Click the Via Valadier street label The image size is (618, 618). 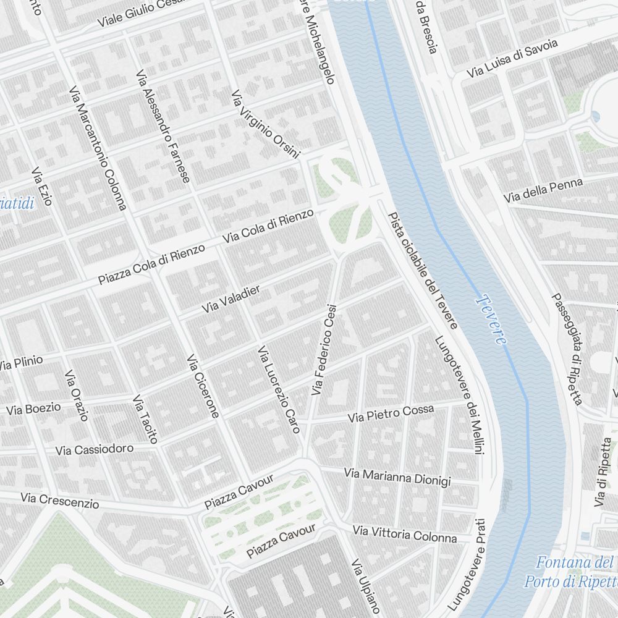pos(231,299)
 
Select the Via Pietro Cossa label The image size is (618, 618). pos(391,413)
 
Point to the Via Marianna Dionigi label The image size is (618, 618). pos(397,477)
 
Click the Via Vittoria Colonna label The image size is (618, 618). pos(405,534)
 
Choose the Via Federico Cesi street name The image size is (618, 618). pos(324,349)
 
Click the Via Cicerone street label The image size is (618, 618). pos(203,386)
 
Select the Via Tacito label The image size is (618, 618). pos(145,419)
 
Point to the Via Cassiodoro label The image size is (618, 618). pos(94,449)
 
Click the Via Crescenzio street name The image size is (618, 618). pos(59,500)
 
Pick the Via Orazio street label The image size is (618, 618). pos(77,396)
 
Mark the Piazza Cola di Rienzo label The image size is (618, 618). pos(151,265)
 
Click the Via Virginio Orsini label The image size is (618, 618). pos(265,124)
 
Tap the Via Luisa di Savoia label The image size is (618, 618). pos(512,58)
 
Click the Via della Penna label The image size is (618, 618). pos(543,190)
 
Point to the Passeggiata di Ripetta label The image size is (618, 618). pos(567,349)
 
